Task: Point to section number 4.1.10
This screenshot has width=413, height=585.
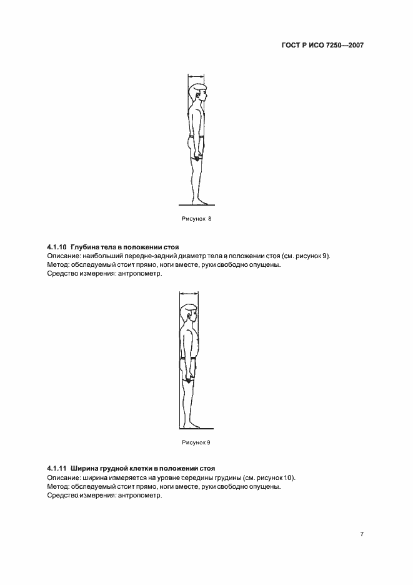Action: coord(57,247)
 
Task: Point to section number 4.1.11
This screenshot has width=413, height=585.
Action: coord(57,467)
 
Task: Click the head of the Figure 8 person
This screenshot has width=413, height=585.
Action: coord(199,94)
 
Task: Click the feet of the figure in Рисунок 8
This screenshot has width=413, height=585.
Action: coord(201,201)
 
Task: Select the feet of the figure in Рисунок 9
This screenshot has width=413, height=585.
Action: coord(191,425)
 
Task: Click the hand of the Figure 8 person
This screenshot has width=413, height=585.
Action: coord(197,156)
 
